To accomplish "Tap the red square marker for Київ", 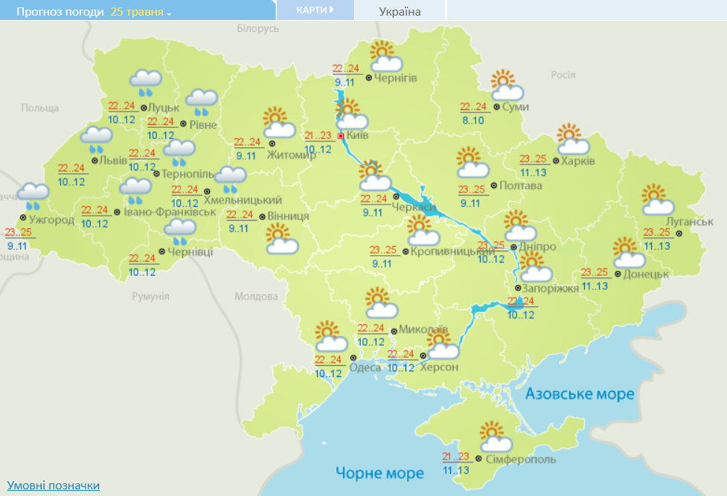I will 341,136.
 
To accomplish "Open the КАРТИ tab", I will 313,10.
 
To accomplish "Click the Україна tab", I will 400,11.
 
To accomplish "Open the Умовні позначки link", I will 53,485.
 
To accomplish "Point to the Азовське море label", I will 580,393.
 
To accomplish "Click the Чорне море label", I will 379,472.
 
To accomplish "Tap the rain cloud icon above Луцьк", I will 146,81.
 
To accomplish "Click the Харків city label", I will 578,161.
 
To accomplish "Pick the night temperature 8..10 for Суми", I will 472,120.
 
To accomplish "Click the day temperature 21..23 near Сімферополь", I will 455,457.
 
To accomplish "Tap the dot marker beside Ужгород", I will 23,219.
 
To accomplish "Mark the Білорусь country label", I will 257,28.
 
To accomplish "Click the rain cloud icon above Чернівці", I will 179,230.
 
